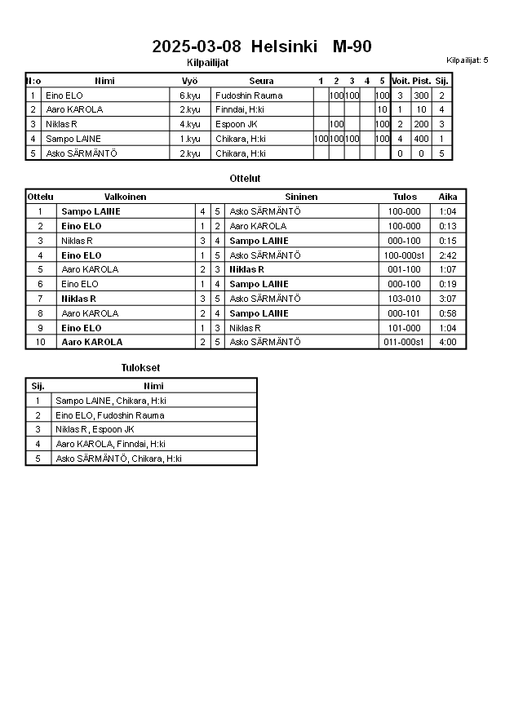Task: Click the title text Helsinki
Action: click(284, 47)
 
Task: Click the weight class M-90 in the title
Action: click(352, 47)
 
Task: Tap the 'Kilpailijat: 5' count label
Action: click(467, 60)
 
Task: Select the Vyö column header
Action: click(189, 81)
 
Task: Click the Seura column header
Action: click(261, 81)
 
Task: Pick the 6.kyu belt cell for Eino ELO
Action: click(190, 95)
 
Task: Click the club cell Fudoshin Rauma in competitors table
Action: click(249, 95)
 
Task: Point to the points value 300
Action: click(421, 95)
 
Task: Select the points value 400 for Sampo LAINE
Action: click(421, 139)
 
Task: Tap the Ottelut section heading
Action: click(246, 178)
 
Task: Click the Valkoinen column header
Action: click(125, 197)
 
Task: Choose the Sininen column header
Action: click(301, 197)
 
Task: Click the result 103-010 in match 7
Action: click(404, 299)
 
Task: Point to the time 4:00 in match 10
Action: click(447, 342)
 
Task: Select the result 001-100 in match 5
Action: click(404, 269)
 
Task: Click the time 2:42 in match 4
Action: click(447, 255)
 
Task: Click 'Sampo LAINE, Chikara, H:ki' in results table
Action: click(110, 401)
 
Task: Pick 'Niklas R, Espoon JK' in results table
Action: click(95, 429)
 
